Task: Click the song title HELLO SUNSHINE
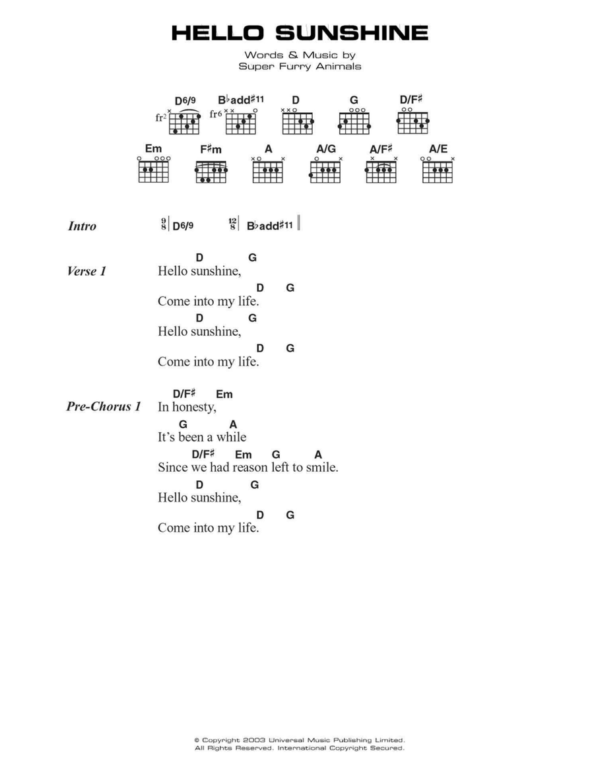[300, 33]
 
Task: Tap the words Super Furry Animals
[300, 66]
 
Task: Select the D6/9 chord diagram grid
[184, 123]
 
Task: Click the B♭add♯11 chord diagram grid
[241, 123]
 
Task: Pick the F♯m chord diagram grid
[211, 172]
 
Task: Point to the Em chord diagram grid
[153, 172]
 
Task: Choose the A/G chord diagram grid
[325, 172]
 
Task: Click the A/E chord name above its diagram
[438, 149]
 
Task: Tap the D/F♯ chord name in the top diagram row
[411, 100]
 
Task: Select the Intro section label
[82, 226]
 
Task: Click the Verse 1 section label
[86, 271]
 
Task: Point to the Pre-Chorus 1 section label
[104, 406]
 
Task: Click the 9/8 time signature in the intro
[163, 224]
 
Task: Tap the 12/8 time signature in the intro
[232, 224]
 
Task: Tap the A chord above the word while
[233, 424]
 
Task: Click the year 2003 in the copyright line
[253, 740]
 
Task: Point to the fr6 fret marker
[216, 114]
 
